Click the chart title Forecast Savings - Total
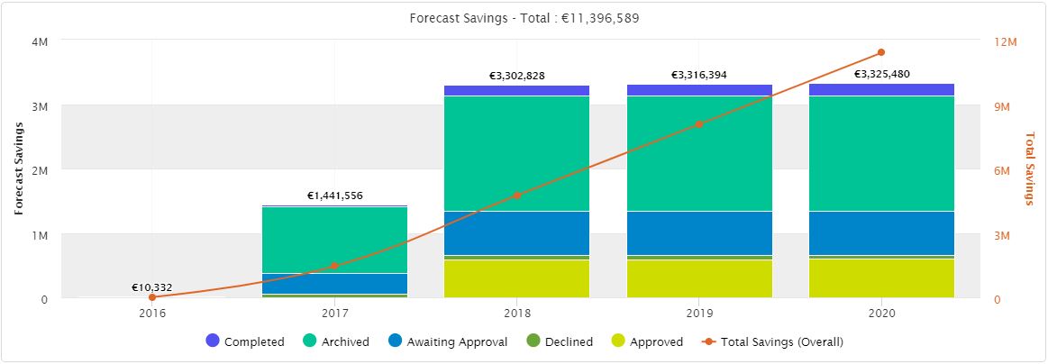tap(524, 17)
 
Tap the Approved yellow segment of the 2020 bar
tap(881, 278)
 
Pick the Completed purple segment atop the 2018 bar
tap(516, 90)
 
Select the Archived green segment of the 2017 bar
tap(334, 240)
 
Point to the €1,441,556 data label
tap(335, 196)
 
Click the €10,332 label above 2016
tap(151, 287)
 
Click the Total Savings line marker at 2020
tap(881, 52)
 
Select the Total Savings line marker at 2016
tap(152, 297)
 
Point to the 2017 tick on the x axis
tap(334, 314)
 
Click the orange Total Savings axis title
tap(1030, 168)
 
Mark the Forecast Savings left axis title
tap(18, 168)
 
